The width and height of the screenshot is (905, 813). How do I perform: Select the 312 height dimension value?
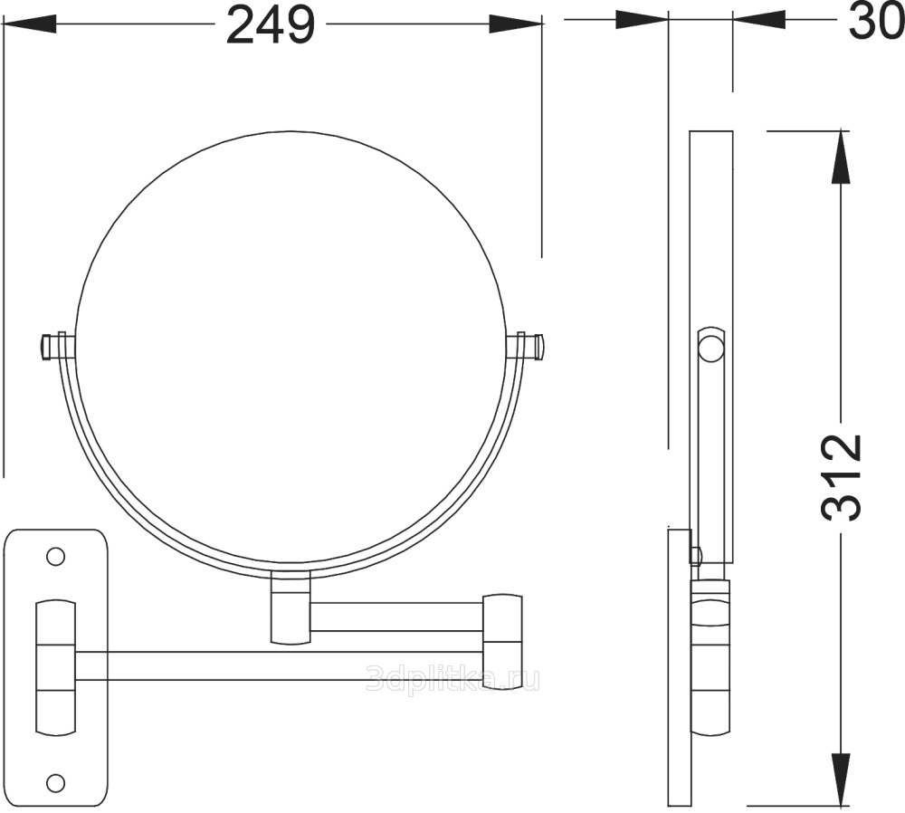[841, 477]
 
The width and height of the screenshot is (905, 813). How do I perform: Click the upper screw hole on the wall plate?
[55, 557]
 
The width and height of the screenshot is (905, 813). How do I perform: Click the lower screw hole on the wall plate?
[55, 782]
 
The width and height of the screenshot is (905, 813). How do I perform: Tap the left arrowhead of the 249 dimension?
[30, 24]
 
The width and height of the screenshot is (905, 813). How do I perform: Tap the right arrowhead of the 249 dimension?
[516, 24]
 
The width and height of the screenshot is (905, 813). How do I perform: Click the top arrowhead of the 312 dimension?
[841, 158]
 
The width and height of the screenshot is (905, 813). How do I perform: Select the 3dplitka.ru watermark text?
[453, 679]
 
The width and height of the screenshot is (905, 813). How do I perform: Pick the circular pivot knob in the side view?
[710, 349]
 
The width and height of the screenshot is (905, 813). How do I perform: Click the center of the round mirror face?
[290, 353]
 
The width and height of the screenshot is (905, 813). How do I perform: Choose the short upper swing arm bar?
[397, 617]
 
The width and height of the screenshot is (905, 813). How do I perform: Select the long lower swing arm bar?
[280, 665]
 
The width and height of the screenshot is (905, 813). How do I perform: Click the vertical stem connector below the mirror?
[291, 607]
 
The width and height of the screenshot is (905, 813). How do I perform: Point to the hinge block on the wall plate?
[55, 667]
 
